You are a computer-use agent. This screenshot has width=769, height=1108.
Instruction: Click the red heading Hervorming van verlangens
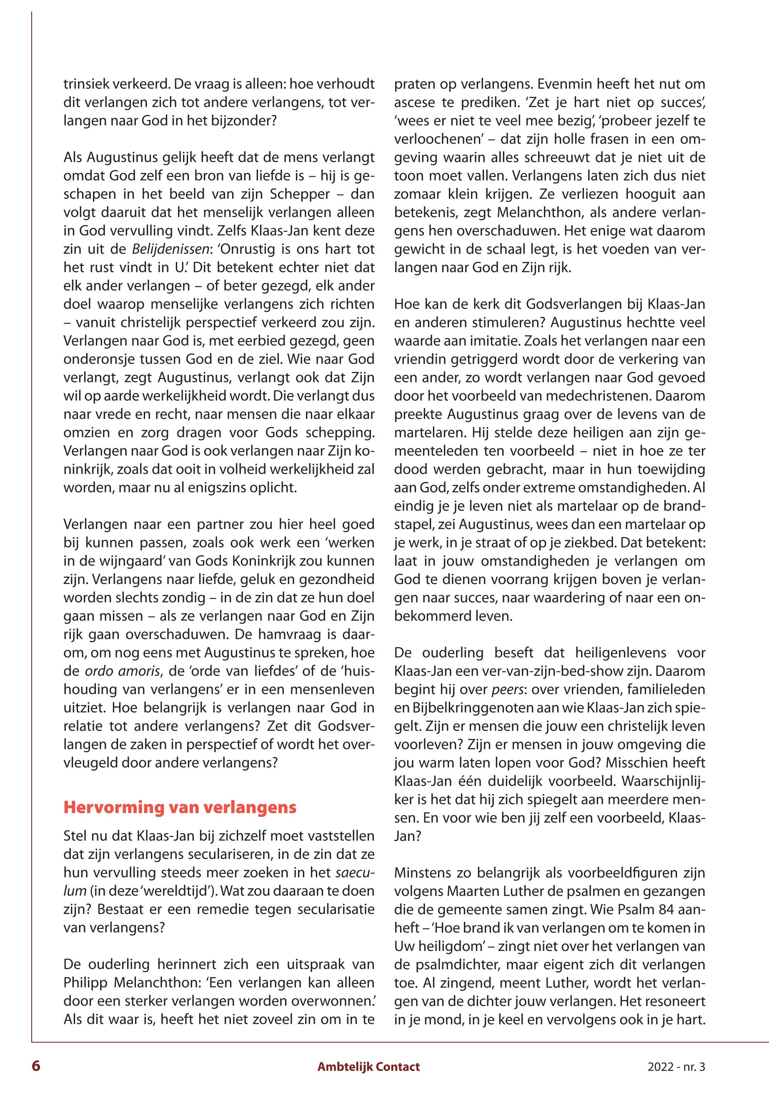pyautogui.click(x=180, y=808)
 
